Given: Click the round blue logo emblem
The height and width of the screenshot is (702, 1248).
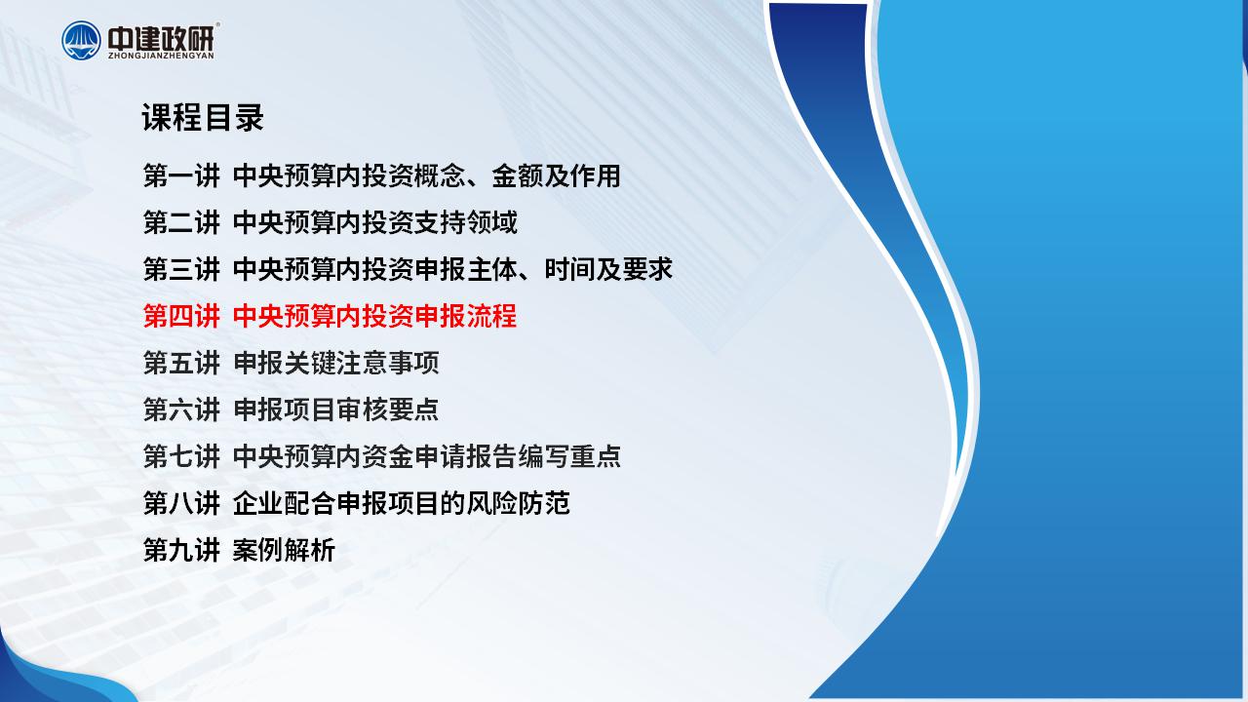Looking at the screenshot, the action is pos(81,40).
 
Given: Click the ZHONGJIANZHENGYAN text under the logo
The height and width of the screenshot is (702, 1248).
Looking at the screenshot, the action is pos(161,56).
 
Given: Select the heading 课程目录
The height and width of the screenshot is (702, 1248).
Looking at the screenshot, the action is pos(203,118).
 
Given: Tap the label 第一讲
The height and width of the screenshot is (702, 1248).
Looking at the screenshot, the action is pos(181,176).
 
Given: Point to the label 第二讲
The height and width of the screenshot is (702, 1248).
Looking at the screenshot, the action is pos(181,223).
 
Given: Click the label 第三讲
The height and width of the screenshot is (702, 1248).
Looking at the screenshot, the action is pos(181,270).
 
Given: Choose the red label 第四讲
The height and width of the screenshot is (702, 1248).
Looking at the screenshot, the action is pos(181,317).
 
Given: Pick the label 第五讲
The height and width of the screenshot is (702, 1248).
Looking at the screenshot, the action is pos(181,364).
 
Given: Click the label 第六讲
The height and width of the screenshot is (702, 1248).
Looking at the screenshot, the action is pos(181,410).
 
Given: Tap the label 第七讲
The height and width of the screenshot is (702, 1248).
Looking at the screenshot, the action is pos(181,457).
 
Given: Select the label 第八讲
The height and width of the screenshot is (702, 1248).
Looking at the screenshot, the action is pos(181,504).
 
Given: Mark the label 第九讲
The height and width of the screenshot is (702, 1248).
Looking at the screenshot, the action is pos(181,551).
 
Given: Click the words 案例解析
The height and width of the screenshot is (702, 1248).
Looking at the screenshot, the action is pos(284,551).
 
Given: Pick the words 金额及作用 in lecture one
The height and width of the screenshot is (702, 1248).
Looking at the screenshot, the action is pos(556,176).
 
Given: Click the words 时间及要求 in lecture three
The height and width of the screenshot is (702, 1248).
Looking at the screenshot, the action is pos(608,270).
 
